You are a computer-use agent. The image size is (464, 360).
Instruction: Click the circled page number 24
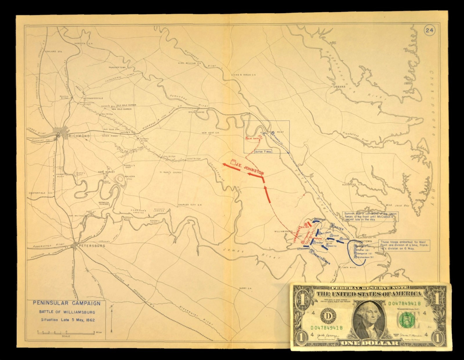(429, 30)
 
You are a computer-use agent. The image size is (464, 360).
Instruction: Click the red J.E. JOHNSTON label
(249, 169)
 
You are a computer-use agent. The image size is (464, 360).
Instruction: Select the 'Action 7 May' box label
(263, 152)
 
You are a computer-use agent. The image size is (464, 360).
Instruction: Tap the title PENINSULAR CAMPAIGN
(67, 303)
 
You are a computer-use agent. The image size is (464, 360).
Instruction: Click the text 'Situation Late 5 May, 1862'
(68, 320)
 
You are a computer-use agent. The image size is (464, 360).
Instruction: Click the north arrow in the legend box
(112, 319)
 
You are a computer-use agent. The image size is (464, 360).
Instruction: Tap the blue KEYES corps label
(338, 229)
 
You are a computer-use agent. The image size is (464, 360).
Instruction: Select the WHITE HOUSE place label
(196, 112)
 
